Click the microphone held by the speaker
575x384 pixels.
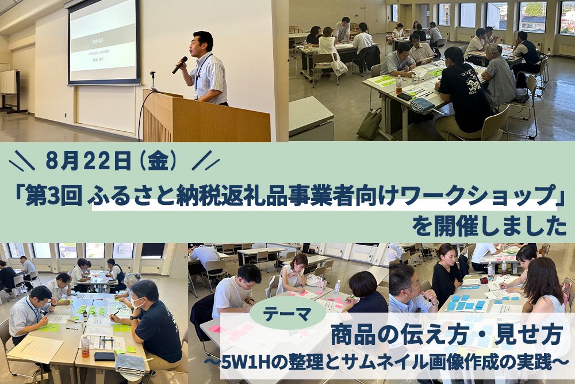coord(179,65)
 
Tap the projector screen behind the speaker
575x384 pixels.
coord(104,42)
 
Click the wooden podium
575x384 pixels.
coord(205,117)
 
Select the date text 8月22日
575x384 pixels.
coord(89,162)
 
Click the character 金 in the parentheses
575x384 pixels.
coord(158,162)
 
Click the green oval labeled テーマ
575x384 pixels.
coord(287,314)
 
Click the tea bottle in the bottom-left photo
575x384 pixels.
coord(85,346)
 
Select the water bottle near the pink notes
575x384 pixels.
coord(336,287)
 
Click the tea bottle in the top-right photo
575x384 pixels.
coord(398,85)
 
